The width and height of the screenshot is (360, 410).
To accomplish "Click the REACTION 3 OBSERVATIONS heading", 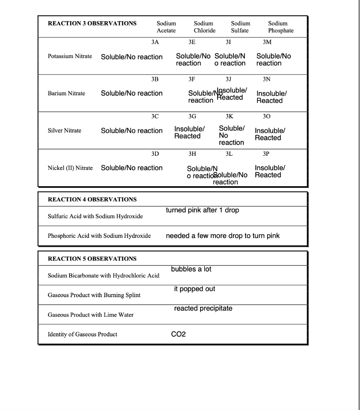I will point(92,23).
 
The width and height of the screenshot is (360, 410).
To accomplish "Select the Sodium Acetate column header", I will point(166,27).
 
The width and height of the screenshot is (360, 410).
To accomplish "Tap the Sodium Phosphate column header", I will point(281,27).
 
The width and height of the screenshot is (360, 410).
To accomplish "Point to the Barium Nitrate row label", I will point(66,93).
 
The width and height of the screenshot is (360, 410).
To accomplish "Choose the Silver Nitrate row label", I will point(64,131).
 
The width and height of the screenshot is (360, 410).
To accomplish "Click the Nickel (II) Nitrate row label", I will point(70,168).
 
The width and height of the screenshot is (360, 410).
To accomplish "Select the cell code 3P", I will point(266,154).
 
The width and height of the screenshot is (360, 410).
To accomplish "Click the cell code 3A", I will point(155,42).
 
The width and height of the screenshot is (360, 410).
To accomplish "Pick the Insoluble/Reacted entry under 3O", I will point(268,134).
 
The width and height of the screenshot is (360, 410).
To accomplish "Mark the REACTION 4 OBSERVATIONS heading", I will point(92,199).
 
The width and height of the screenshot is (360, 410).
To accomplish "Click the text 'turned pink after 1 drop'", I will point(202,210).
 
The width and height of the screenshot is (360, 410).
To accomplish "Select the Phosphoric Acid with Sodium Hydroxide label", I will point(99,236).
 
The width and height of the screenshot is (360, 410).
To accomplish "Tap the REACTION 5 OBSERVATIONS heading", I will point(92,259).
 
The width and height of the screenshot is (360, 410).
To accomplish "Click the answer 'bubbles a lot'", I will point(191,269).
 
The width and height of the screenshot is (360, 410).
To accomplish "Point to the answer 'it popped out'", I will point(195,289).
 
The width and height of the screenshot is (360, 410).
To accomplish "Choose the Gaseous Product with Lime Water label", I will point(91,315).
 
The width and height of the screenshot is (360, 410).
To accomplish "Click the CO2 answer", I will point(179,334).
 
